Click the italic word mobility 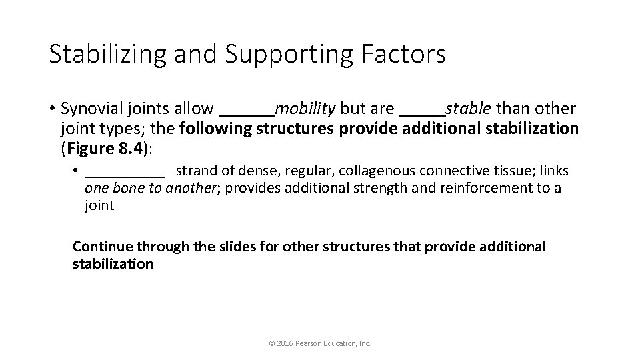(x=305, y=108)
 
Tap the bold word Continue (x=100, y=247)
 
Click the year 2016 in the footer (x=283, y=343)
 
